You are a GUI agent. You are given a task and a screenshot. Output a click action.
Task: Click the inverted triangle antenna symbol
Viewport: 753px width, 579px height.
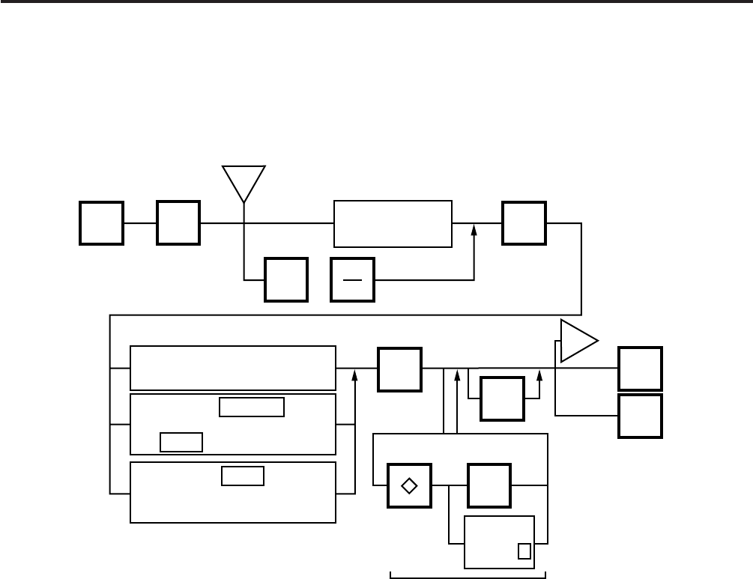(244, 180)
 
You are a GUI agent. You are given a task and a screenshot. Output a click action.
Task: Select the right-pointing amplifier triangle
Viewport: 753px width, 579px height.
(577, 341)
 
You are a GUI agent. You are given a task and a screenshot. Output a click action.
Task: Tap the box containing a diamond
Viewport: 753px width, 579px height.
(409, 485)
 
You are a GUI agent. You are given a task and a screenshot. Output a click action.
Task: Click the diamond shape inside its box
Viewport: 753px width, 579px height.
(409, 485)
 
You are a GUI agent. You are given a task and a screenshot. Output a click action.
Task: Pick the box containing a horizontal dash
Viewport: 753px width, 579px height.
(353, 279)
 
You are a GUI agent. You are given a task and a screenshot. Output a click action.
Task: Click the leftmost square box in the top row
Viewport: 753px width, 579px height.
(102, 223)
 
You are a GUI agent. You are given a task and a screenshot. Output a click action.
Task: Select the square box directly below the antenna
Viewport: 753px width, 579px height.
(286, 279)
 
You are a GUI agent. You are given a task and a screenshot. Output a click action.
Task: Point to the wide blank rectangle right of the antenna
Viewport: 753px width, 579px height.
(393, 223)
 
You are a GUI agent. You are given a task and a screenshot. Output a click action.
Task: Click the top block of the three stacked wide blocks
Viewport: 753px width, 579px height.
(233, 368)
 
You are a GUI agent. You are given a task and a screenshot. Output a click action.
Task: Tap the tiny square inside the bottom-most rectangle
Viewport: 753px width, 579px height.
(524, 551)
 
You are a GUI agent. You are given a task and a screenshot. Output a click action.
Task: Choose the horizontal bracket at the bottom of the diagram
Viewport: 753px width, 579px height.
(468, 575)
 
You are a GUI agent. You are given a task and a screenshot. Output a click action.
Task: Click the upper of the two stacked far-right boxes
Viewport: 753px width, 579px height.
(640, 369)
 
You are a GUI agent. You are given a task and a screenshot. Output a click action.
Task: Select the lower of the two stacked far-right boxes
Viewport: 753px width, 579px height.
(640, 416)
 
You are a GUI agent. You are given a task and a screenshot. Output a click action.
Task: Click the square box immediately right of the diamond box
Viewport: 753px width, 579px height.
(489, 485)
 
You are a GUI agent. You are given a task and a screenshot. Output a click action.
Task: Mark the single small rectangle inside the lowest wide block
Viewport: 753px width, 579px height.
(243, 476)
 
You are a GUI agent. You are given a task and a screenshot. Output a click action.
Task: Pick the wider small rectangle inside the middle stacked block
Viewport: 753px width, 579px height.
(252, 407)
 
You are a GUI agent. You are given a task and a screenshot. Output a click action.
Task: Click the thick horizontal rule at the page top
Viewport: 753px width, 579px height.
(376, 2)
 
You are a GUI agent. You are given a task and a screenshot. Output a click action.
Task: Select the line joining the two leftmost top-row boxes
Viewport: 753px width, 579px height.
(140, 223)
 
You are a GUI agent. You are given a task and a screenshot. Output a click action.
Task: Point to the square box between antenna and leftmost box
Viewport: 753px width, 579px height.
(178, 223)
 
